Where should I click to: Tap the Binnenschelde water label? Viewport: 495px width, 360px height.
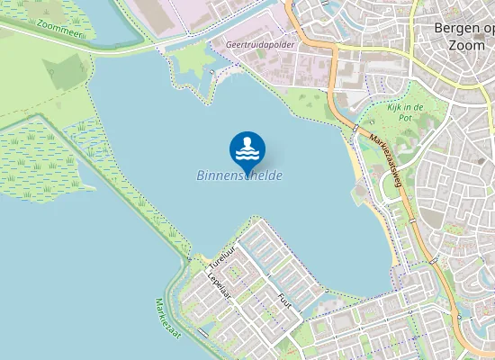tap(239, 175)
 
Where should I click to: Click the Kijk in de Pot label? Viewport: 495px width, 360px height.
tap(405, 112)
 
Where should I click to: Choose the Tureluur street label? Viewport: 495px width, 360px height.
tap(220, 258)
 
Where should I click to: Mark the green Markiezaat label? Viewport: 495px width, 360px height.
tap(168, 319)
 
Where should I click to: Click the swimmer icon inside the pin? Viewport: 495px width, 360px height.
tap(247, 147)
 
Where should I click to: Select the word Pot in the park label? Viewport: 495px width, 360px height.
tap(406, 118)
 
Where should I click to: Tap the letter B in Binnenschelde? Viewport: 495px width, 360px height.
tap(201, 175)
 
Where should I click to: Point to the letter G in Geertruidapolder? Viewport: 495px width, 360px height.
tap(230, 42)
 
